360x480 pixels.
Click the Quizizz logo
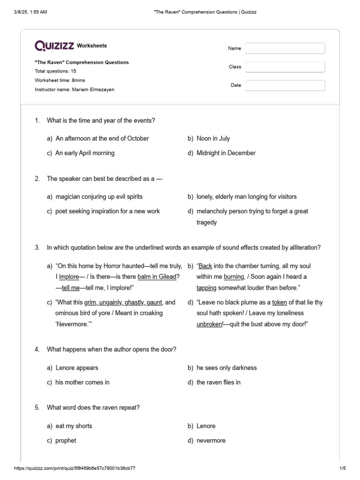[x=54, y=45]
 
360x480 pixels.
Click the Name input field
[x=285, y=48]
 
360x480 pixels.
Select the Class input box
[x=285, y=67]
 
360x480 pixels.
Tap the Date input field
[x=285, y=85]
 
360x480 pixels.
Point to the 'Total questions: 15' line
[x=55, y=71]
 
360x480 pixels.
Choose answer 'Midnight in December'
[x=226, y=153]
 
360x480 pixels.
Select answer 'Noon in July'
[x=213, y=138]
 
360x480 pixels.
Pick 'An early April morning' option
[x=85, y=153]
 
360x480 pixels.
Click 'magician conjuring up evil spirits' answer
[x=99, y=197]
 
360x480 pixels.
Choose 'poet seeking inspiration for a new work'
[x=107, y=211]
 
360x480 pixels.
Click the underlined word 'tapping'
[x=206, y=288]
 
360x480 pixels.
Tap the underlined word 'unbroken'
[x=209, y=324]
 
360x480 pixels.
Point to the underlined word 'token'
[x=280, y=302]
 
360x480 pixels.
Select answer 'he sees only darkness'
[x=226, y=368]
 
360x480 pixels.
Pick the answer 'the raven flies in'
[x=218, y=382]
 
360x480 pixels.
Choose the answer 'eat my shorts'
[x=74, y=426]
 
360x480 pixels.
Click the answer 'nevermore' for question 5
[x=211, y=441]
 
